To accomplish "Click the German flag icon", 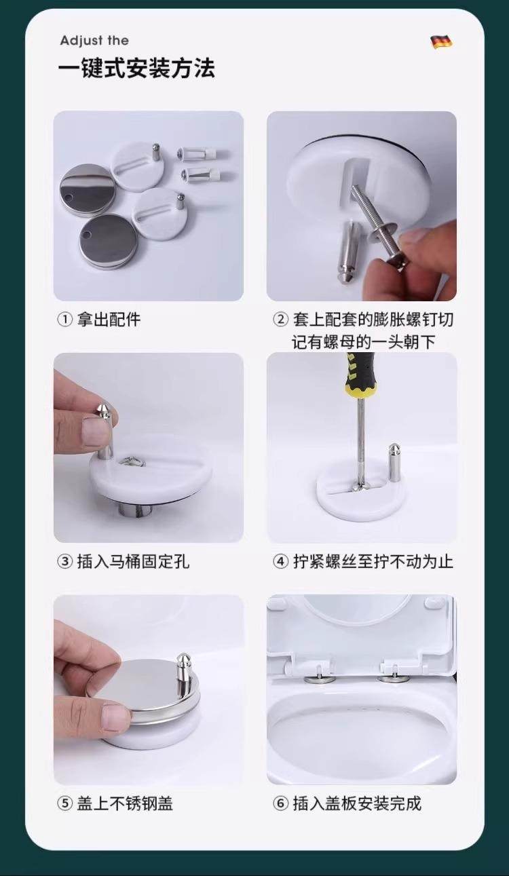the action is coord(441,42).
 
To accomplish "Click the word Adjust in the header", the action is coord(81,41).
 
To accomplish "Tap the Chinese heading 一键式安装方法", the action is coord(136,69).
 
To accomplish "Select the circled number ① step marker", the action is coord(64,320).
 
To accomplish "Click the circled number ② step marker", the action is coord(280,320).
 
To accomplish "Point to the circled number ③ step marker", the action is coord(64,562).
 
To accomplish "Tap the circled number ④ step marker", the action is coord(280,562).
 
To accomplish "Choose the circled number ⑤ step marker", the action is coord(64,803).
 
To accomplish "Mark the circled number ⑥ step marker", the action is coord(280,803).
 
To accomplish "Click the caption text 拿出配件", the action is coord(109,320).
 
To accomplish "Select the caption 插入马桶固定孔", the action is coord(133,562).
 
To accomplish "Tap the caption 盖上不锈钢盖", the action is coord(125,803).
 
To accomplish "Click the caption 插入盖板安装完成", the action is coord(357,803).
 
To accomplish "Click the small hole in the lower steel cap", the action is coord(86,235).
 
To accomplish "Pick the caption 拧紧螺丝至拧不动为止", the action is coord(373,562).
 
